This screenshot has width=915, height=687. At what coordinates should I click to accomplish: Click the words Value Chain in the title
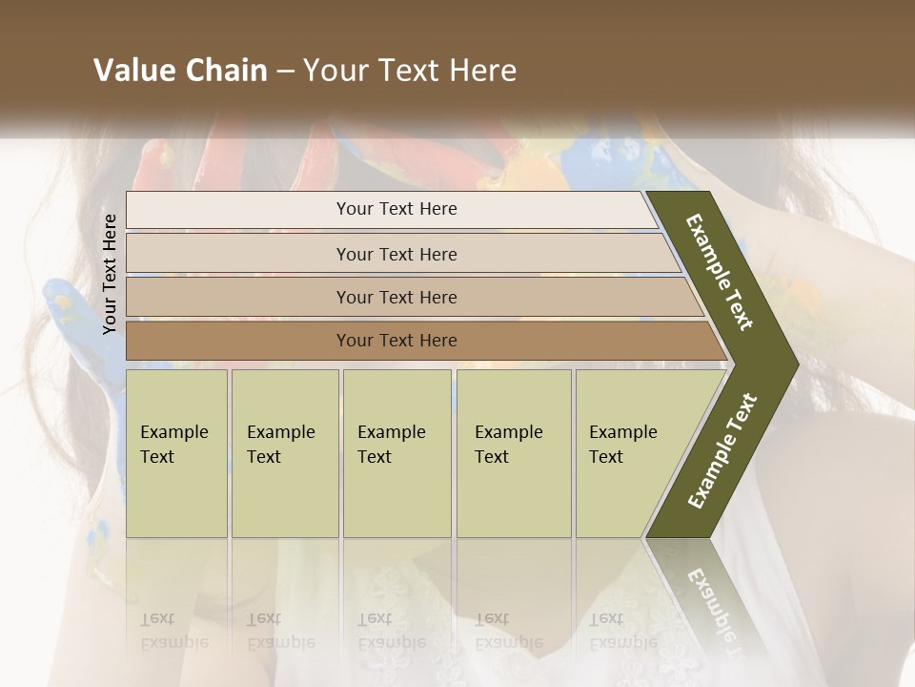[x=180, y=71]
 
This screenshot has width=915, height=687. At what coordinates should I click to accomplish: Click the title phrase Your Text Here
[x=410, y=71]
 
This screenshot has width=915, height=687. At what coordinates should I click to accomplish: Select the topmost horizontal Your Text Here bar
[x=396, y=209]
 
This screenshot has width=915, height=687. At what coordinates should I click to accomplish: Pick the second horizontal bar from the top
[x=396, y=254]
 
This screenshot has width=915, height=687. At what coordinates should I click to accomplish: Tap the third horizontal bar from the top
[x=396, y=297]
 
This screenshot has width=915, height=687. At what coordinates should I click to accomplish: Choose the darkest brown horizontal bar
[x=396, y=341]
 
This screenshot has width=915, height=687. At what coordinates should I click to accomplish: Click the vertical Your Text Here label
[x=110, y=274]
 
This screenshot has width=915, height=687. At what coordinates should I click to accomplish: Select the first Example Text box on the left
[x=176, y=453]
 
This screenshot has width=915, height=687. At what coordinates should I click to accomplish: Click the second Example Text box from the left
[x=284, y=453]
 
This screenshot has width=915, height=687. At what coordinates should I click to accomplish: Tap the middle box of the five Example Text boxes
[x=396, y=453]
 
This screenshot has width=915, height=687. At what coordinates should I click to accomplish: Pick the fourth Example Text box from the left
[x=513, y=453]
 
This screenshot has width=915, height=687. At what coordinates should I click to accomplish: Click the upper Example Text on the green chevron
[x=721, y=273]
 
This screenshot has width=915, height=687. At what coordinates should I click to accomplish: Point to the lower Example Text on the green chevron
[x=722, y=450]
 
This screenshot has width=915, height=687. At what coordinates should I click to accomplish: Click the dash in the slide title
[x=285, y=72]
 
